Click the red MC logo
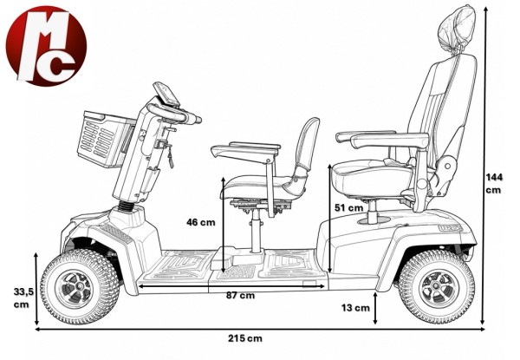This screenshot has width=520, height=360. (46, 46)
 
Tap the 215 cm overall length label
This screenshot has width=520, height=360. (244, 338)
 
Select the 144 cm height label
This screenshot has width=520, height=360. (494, 184)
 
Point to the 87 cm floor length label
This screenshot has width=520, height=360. (240, 295)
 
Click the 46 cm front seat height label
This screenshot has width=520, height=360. (201, 222)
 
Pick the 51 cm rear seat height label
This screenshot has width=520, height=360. (348, 207)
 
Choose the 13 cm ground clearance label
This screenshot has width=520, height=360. (355, 308)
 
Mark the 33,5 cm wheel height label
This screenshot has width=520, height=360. (23, 298)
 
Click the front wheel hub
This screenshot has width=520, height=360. (79, 286)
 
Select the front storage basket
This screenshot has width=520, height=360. (105, 139)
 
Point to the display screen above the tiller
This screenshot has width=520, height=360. (166, 93)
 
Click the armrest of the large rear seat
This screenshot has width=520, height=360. (389, 140)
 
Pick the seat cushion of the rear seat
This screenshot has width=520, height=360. (373, 177)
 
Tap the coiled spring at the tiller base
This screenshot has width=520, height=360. (126, 206)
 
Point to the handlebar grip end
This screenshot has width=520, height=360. (197, 119)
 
